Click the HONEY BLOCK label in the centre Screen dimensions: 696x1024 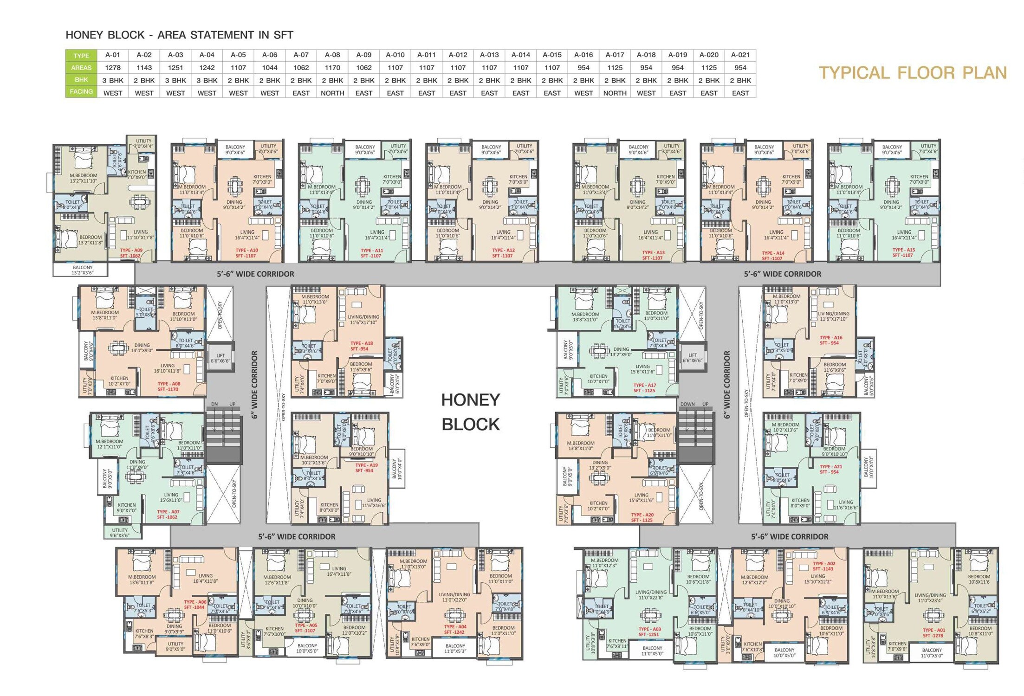pos(470,412)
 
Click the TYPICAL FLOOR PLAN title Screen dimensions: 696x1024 pos(912,73)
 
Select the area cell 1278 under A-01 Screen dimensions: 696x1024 pos(113,68)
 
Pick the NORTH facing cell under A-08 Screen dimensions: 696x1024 pos(332,93)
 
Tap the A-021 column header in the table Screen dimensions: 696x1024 pos(740,55)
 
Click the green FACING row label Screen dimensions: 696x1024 pos(81,92)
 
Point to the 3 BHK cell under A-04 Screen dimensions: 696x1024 pos(207,80)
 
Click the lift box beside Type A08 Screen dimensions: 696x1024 pos(220,358)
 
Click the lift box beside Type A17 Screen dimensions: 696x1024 pos(692,357)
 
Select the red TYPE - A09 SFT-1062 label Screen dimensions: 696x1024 pos(131,253)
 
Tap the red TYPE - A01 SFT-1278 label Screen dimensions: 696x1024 pos(933,633)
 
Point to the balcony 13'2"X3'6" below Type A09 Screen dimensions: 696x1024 pos(83,270)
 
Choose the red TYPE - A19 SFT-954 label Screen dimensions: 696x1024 pos(366,468)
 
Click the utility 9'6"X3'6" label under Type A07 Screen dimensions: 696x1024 pos(120,533)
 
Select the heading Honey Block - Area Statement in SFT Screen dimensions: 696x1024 pos(179,35)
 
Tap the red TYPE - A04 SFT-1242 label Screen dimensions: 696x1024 pos(454,629)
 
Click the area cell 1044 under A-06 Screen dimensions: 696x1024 pos(269,68)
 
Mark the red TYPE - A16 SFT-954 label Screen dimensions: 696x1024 pos(830,340)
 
